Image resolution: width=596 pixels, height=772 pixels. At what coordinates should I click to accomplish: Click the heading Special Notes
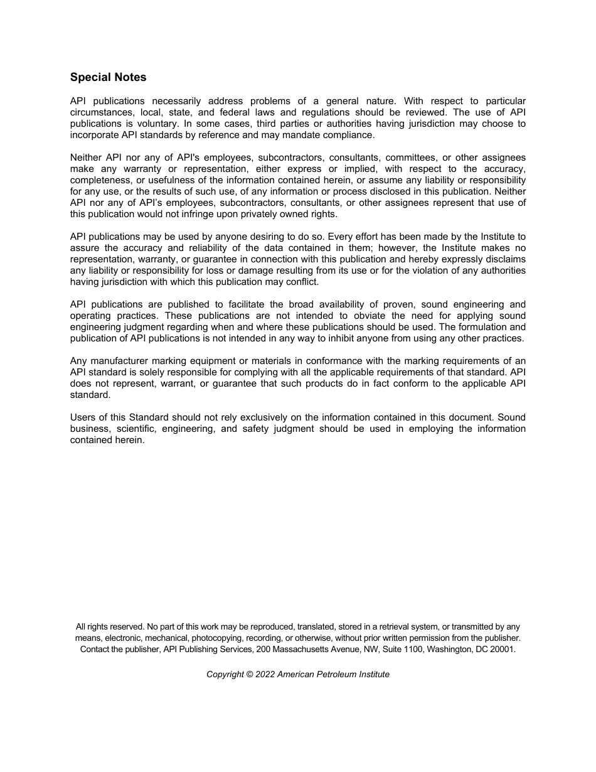(x=108, y=77)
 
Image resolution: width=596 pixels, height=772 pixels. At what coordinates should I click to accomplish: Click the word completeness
(x=100, y=180)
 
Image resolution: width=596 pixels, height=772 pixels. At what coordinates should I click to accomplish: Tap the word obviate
(x=363, y=316)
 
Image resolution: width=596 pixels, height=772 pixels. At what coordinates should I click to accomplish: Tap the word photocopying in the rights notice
(x=200, y=638)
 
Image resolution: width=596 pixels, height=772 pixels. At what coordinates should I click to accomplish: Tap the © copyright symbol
(x=249, y=674)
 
